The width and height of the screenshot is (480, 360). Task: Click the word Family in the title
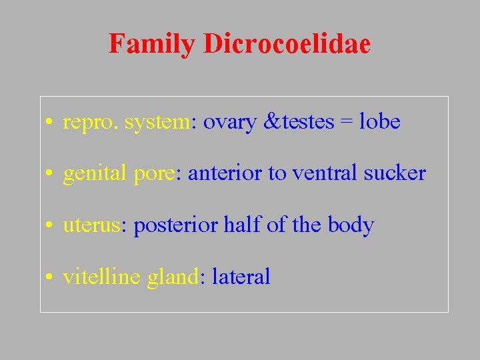(x=152, y=44)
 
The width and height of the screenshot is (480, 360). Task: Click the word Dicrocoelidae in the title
(x=287, y=44)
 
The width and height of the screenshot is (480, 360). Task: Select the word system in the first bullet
(x=157, y=123)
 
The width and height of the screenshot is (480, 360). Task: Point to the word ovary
(x=229, y=123)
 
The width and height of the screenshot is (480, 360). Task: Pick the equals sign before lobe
(x=347, y=123)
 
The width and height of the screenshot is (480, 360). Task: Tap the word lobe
(x=379, y=121)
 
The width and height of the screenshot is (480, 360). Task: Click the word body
(x=351, y=225)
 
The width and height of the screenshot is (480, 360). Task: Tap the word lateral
(x=241, y=276)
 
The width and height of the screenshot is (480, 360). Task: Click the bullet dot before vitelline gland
(x=51, y=277)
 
